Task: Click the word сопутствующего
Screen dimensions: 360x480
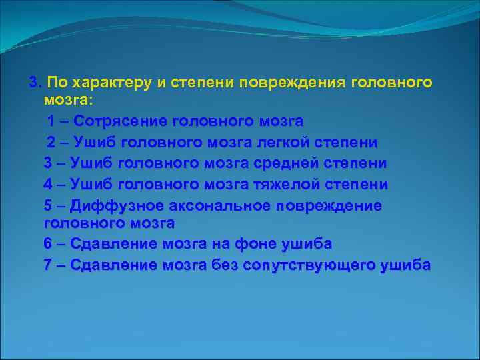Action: click(x=309, y=265)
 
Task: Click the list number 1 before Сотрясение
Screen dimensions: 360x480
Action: click(x=51, y=121)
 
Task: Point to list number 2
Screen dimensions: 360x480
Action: click(x=51, y=143)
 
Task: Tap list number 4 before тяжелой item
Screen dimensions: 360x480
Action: click(x=47, y=184)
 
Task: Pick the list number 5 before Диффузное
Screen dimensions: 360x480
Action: click(x=47, y=205)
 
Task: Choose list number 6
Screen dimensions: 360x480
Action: click(x=47, y=245)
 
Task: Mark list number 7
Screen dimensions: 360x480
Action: click(x=47, y=265)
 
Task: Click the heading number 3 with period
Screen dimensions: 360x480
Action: click(x=35, y=83)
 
